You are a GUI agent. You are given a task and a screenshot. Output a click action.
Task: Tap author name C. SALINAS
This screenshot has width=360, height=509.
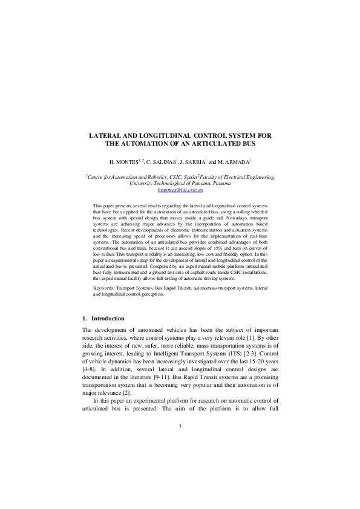point(161,163)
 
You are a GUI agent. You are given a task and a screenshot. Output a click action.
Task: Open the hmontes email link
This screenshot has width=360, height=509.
point(180,190)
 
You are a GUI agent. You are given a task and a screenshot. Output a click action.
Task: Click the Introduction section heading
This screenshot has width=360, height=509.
point(108,318)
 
